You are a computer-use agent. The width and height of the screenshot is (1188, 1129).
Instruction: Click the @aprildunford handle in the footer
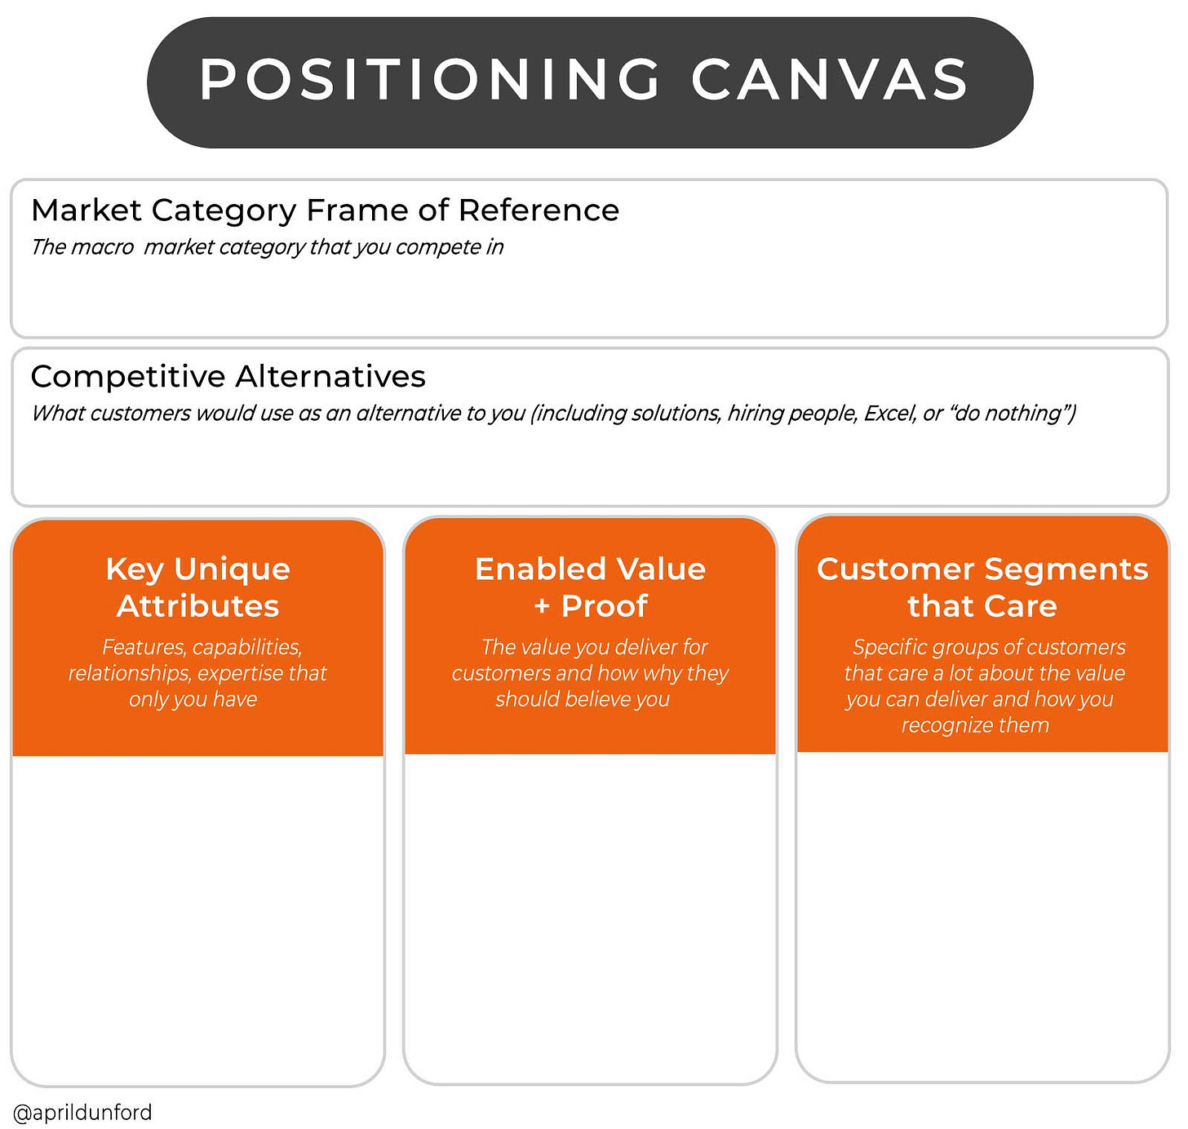click(x=82, y=1112)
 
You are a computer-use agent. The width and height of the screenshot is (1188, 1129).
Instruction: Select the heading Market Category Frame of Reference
click(x=325, y=210)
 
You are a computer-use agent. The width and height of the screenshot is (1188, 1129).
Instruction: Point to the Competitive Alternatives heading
click(x=228, y=377)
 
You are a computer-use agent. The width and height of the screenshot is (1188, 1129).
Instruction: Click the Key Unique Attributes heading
click(x=198, y=587)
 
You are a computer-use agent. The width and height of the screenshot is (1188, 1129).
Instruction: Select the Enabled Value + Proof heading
click(x=591, y=587)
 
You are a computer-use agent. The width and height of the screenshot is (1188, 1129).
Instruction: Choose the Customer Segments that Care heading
click(x=982, y=587)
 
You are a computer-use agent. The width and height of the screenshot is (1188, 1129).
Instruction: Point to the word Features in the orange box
click(x=144, y=648)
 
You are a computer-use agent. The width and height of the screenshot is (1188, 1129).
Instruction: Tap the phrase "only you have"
click(x=193, y=700)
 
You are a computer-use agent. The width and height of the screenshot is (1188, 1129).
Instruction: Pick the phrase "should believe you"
click(x=583, y=699)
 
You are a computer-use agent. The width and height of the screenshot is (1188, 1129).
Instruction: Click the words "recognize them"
click(x=975, y=725)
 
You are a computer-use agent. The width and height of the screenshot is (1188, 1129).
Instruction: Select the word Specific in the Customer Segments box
click(x=890, y=648)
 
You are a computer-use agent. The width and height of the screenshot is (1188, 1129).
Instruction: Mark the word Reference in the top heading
click(x=539, y=210)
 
